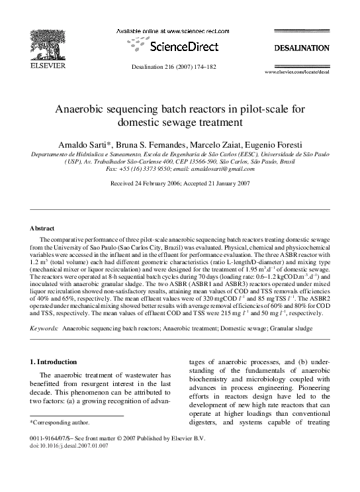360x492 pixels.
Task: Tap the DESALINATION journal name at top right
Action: pos(302,48)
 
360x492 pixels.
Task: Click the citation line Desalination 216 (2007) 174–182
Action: pos(179,68)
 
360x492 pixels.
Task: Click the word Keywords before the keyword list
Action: pos(44,328)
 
